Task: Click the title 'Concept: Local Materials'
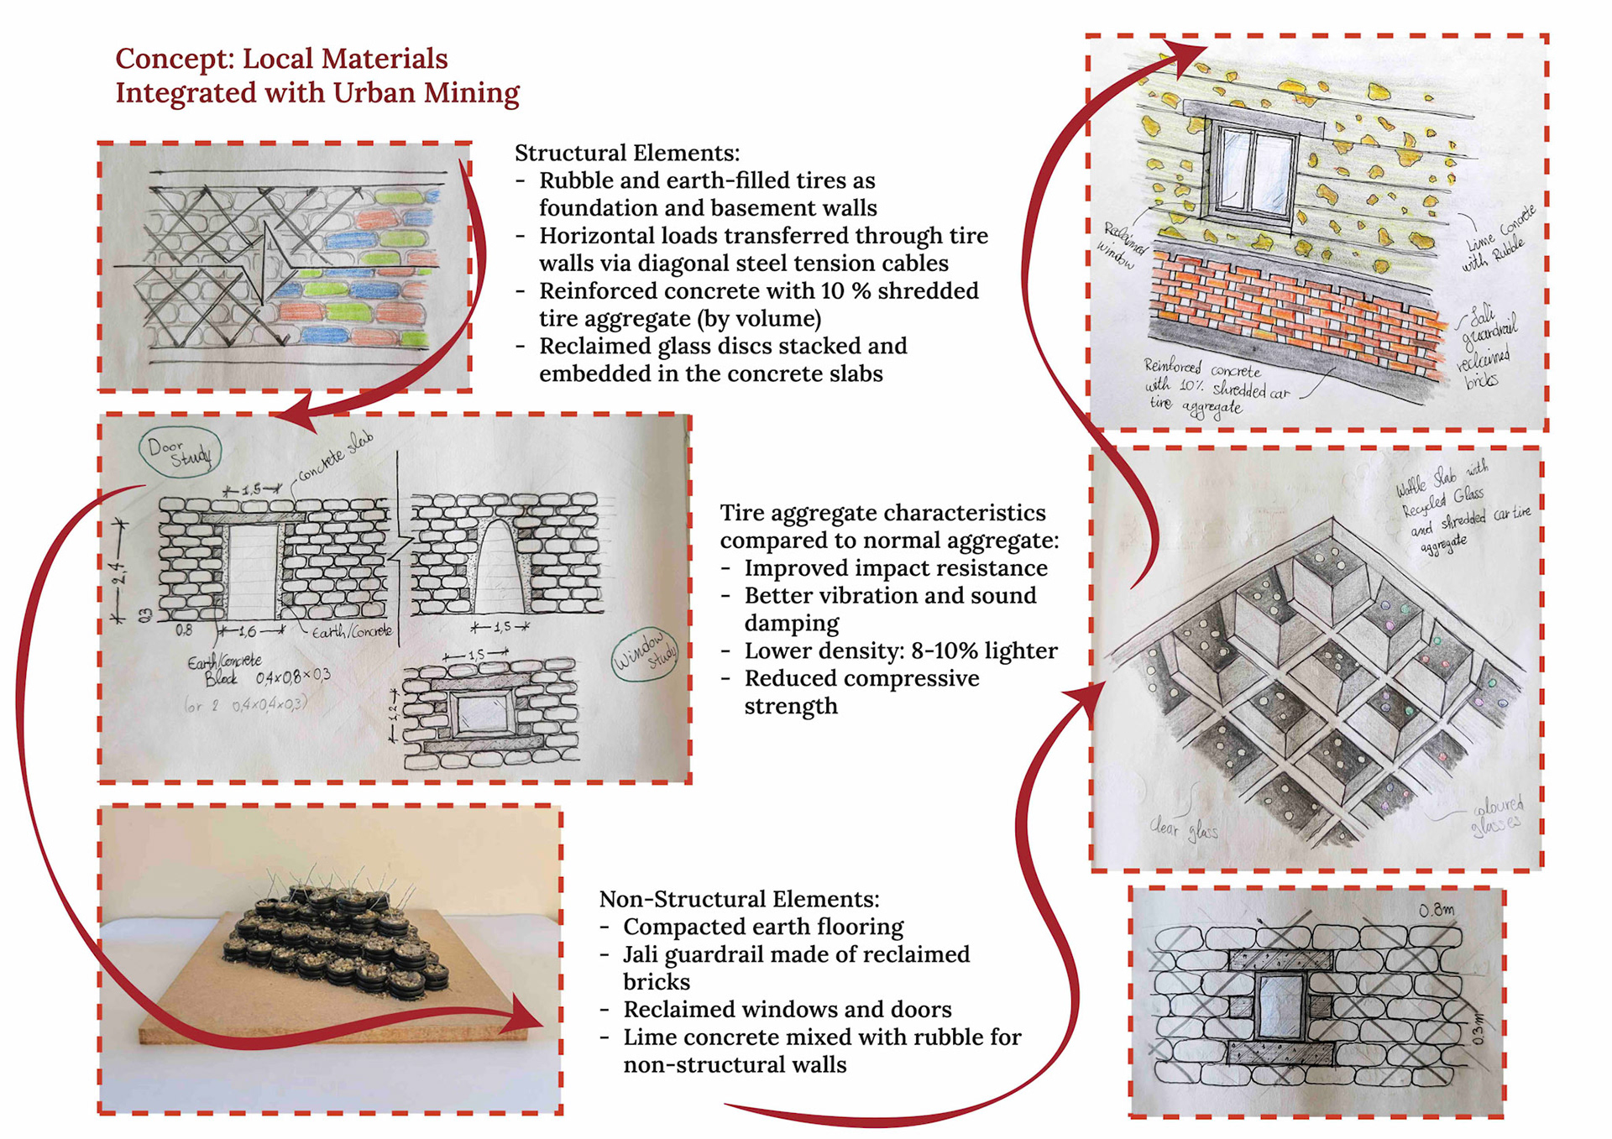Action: (x=281, y=59)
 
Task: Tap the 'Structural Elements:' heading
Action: (x=626, y=153)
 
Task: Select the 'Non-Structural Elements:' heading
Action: (x=739, y=899)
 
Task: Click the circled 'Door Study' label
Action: (x=180, y=452)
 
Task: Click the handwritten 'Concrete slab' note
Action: (x=335, y=457)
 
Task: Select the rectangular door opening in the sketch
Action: (x=253, y=573)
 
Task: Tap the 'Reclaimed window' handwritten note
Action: (x=1121, y=244)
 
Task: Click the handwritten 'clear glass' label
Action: (x=1183, y=829)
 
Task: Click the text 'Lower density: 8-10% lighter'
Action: (x=900, y=650)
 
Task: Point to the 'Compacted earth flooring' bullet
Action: (x=762, y=927)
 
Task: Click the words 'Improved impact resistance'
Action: (x=895, y=568)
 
